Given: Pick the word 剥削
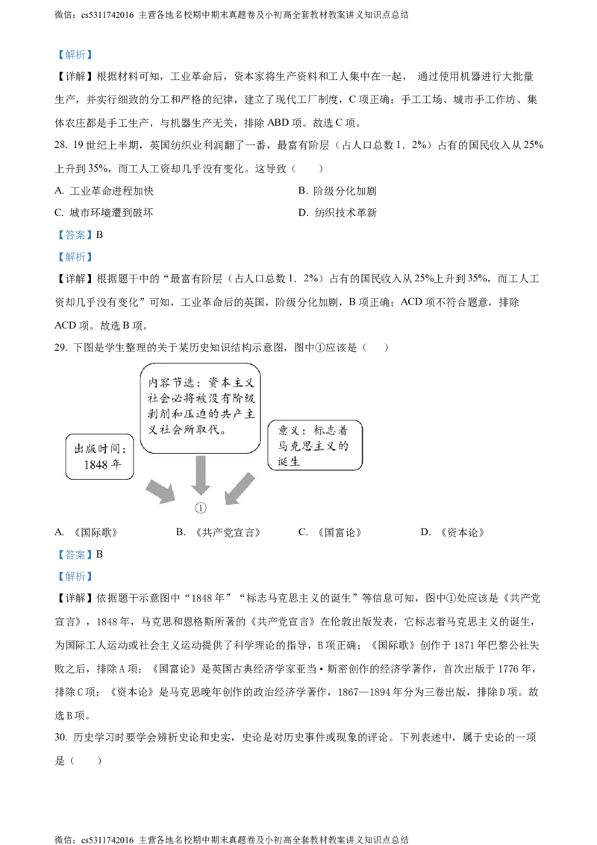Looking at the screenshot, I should point(158,415).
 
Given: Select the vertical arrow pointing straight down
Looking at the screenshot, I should point(199,475).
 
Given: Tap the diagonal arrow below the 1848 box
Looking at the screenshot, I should point(160,491).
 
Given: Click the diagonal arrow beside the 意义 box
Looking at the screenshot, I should point(240,489).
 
